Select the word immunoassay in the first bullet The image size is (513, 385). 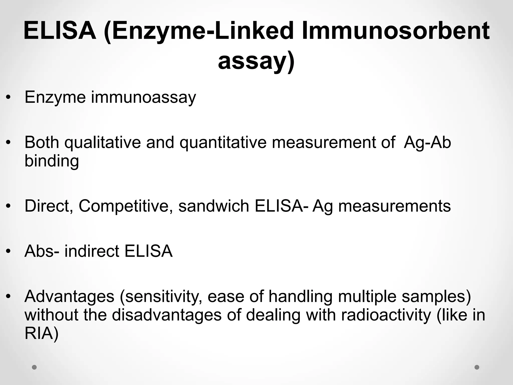point(143,97)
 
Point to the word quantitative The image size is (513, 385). point(223,142)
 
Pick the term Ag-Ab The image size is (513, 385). point(427,142)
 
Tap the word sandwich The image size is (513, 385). point(214,206)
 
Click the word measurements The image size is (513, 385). point(395,206)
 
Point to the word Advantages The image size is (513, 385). point(69,296)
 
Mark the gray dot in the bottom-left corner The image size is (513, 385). point(34,367)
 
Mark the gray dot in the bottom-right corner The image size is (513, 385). point(477,367)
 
